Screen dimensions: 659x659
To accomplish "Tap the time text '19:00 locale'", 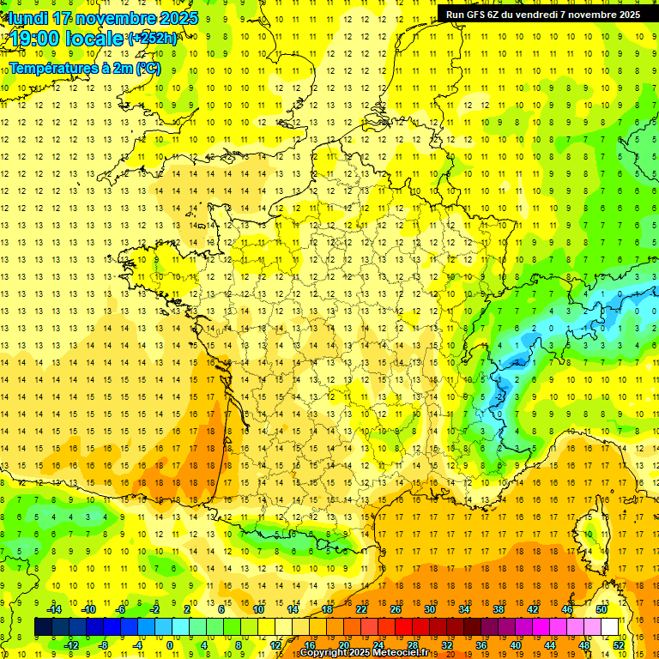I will [66, 39].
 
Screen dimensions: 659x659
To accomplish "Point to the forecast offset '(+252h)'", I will [153, 38].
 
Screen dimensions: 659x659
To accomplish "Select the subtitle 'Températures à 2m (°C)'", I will [85, 68].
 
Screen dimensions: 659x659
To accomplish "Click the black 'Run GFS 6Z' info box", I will [543, 14].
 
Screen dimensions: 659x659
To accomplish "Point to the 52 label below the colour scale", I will [618, 644].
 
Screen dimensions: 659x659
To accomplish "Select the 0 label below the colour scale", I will [171, 644].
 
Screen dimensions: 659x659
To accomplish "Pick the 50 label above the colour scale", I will [601, 609].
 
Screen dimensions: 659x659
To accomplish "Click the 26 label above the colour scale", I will [396, 609].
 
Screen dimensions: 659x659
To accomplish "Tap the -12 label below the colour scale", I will [71, 644].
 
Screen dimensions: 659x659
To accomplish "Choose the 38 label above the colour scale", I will [498, 609].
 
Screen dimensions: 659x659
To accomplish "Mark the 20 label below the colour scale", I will [343, 644].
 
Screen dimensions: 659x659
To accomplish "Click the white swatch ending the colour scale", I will [610, 627].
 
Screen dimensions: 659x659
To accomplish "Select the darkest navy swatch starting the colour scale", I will [43, 627].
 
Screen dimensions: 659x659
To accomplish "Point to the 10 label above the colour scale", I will [258, 609].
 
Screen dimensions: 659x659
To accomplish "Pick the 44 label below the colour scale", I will [549, 644].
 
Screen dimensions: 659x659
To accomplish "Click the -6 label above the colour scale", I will [122, 609].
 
